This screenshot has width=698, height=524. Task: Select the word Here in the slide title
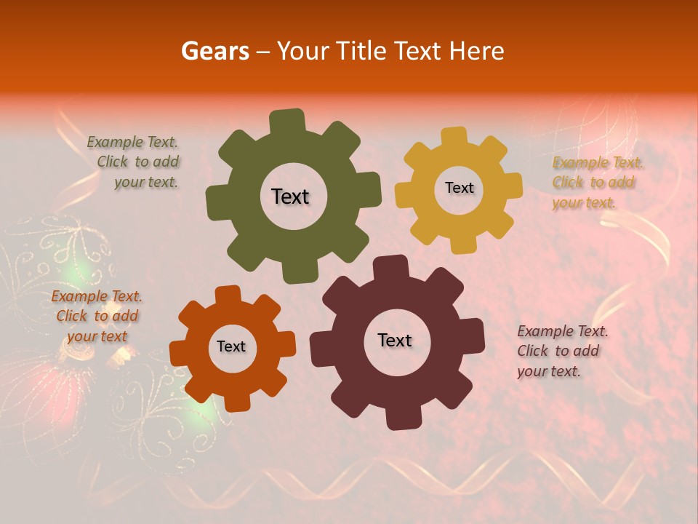click(477, 51)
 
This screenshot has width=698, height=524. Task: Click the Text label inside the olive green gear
click(290, 196)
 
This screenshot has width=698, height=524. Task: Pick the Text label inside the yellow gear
click(459, 188)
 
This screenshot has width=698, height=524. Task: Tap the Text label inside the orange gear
click(231, 346)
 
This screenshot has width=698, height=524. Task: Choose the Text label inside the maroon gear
click(395, 340)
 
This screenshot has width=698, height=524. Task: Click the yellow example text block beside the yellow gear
click(596, 182)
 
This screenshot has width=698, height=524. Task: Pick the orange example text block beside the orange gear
click(97, 316)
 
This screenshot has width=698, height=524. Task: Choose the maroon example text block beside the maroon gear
click(561, 351)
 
